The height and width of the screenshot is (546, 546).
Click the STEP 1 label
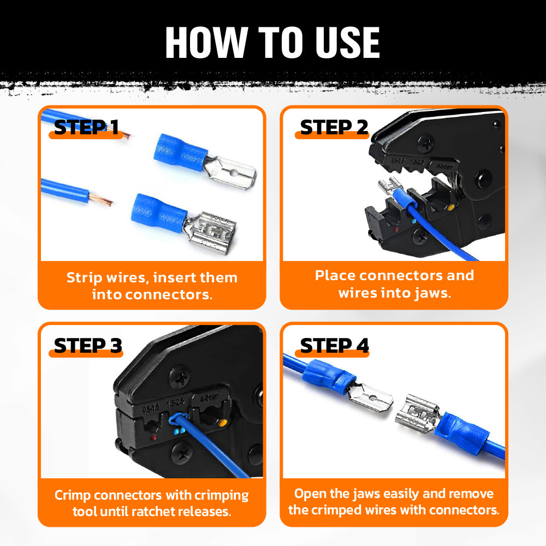86,127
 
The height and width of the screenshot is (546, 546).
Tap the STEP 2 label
334,127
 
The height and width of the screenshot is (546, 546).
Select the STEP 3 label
87,346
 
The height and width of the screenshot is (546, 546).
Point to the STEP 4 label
334,346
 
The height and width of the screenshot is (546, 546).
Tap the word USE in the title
348,42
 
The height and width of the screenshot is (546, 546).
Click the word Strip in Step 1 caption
85,277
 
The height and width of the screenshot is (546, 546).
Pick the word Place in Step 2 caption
336,275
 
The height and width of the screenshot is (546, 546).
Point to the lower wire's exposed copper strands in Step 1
102,199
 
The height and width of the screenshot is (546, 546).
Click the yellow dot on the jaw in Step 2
450,208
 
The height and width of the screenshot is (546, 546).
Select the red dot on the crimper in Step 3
155,437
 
